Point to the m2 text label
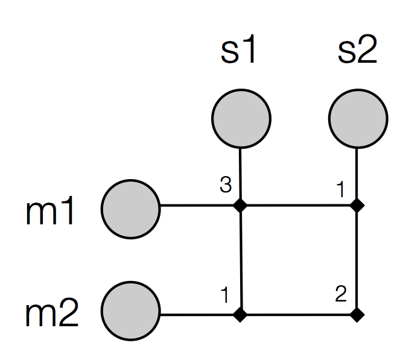[x=52, y=315]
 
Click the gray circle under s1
[x=241, y=118]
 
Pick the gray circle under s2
[x=358, y=118]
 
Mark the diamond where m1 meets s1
[x=241, y=206]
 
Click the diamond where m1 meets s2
[x=358, y=206]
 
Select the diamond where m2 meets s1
[x=241, y=314]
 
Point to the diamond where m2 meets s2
[x=358, y=314]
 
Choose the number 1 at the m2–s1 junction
[x=225, y=295]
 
